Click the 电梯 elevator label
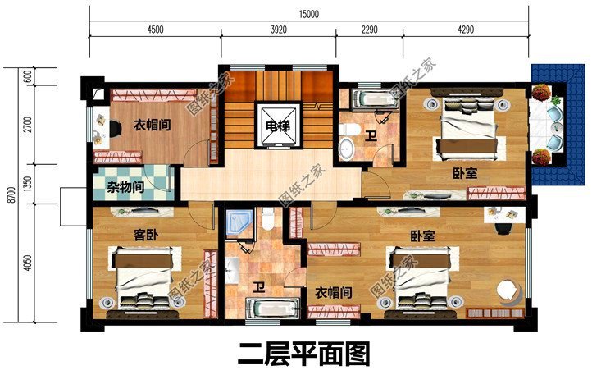[x=277, y=126]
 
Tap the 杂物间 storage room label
[x=125, y=187]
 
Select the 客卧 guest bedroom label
[x=145, y=236]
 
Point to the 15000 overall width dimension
[x=308, y=14]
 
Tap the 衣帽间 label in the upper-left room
[x=151, y=126]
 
